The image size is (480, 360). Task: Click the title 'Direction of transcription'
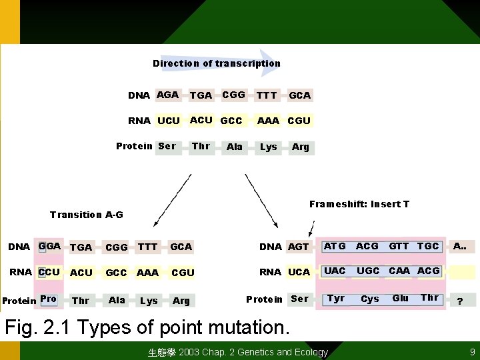[217, 63]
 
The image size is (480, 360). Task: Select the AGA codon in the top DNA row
[167, 95]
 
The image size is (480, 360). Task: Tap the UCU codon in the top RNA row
[169, 121]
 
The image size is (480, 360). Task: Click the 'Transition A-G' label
[87, 215]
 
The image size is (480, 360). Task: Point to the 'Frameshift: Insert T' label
[359, 204]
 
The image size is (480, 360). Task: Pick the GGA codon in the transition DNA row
[49, 246]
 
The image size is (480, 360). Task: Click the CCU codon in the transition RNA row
[49, 272]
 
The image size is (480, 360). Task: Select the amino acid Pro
[48, 299]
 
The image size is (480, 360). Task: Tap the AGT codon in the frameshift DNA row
[298, 247]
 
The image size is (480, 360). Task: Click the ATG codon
[335, 246]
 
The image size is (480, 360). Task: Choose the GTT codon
[399, 246]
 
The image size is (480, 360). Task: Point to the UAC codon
[335, 271]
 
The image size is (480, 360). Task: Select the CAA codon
[399, 271]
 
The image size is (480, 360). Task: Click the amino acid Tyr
[336, 298]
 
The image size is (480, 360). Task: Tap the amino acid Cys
[370, 299]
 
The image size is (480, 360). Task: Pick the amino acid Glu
[401, 298]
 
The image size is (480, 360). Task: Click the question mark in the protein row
[459, 301]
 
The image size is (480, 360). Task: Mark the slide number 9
[472, 352]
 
